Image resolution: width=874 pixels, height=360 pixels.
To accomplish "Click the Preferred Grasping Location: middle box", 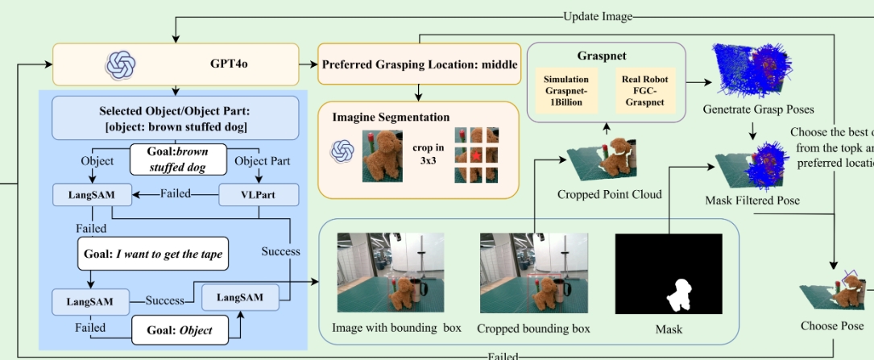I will [x=419, y=64].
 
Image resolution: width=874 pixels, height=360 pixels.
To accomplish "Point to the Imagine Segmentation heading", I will [x=391, y=118].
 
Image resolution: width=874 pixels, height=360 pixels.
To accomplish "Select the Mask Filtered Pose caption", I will [x=752, y=200].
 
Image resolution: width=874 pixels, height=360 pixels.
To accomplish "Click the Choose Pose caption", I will [x=831, y=325].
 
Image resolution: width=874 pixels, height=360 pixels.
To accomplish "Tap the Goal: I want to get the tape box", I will [x=153, y=254].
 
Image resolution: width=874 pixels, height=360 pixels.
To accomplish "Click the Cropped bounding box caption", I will [x=533, y=329].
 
